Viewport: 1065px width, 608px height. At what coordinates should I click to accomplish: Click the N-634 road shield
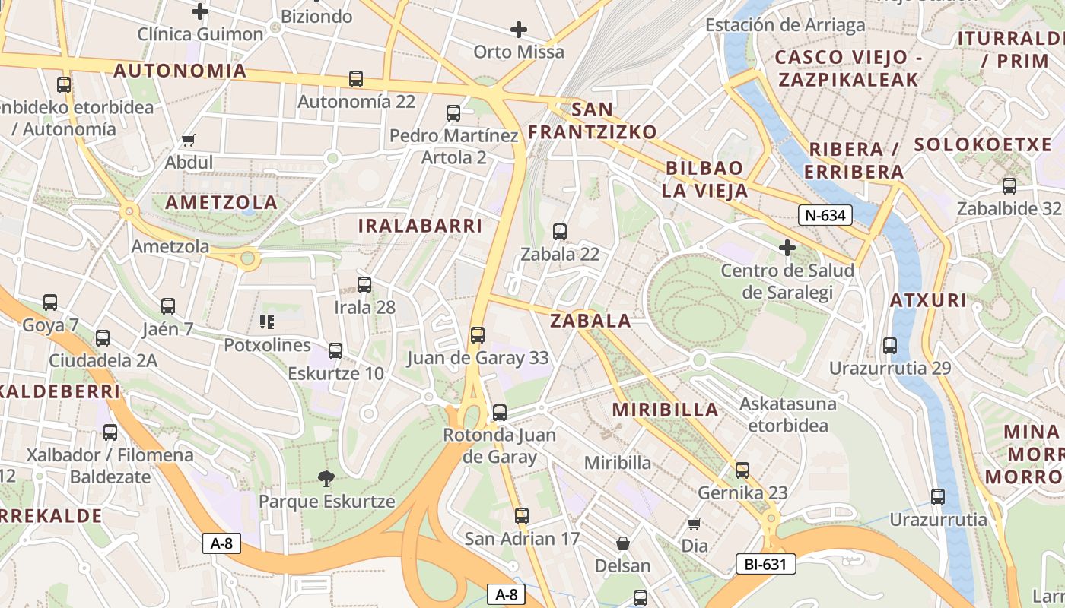point(825,215)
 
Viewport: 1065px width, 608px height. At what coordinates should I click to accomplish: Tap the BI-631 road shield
point(765,564)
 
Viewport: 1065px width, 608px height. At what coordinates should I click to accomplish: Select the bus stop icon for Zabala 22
point(560,232)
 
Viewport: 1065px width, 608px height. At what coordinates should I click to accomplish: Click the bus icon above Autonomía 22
point(356,78)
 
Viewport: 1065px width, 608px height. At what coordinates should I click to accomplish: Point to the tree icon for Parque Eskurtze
point(326,479)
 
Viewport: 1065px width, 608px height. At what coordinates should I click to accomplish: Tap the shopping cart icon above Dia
point(694,524)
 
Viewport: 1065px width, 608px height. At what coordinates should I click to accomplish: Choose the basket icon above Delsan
point(623,543)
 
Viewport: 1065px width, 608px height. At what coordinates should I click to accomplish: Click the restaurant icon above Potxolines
point(267,322)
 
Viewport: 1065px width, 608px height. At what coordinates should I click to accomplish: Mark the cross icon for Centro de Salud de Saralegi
point(787,248)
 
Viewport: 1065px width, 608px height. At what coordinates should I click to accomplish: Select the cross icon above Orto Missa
point(519,30)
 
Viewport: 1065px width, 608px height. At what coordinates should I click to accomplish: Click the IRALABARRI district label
point(420,226)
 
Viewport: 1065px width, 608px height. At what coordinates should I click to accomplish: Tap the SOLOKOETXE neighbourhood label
point(982,145)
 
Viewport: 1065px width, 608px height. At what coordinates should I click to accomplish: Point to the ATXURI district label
point(928,300)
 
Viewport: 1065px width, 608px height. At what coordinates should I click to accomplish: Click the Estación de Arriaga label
point(785,25)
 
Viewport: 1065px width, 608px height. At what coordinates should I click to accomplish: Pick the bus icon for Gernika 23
point(742,470)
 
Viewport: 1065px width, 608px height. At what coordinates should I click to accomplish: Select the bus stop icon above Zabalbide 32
point(1009,185)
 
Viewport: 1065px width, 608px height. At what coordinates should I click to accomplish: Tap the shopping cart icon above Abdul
point(189,140)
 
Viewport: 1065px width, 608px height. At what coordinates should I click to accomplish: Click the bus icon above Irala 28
point(364,285)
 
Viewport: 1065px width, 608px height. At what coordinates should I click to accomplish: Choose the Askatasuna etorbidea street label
point(787,413)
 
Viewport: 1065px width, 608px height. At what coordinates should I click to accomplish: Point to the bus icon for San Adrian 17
point(522,516)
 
